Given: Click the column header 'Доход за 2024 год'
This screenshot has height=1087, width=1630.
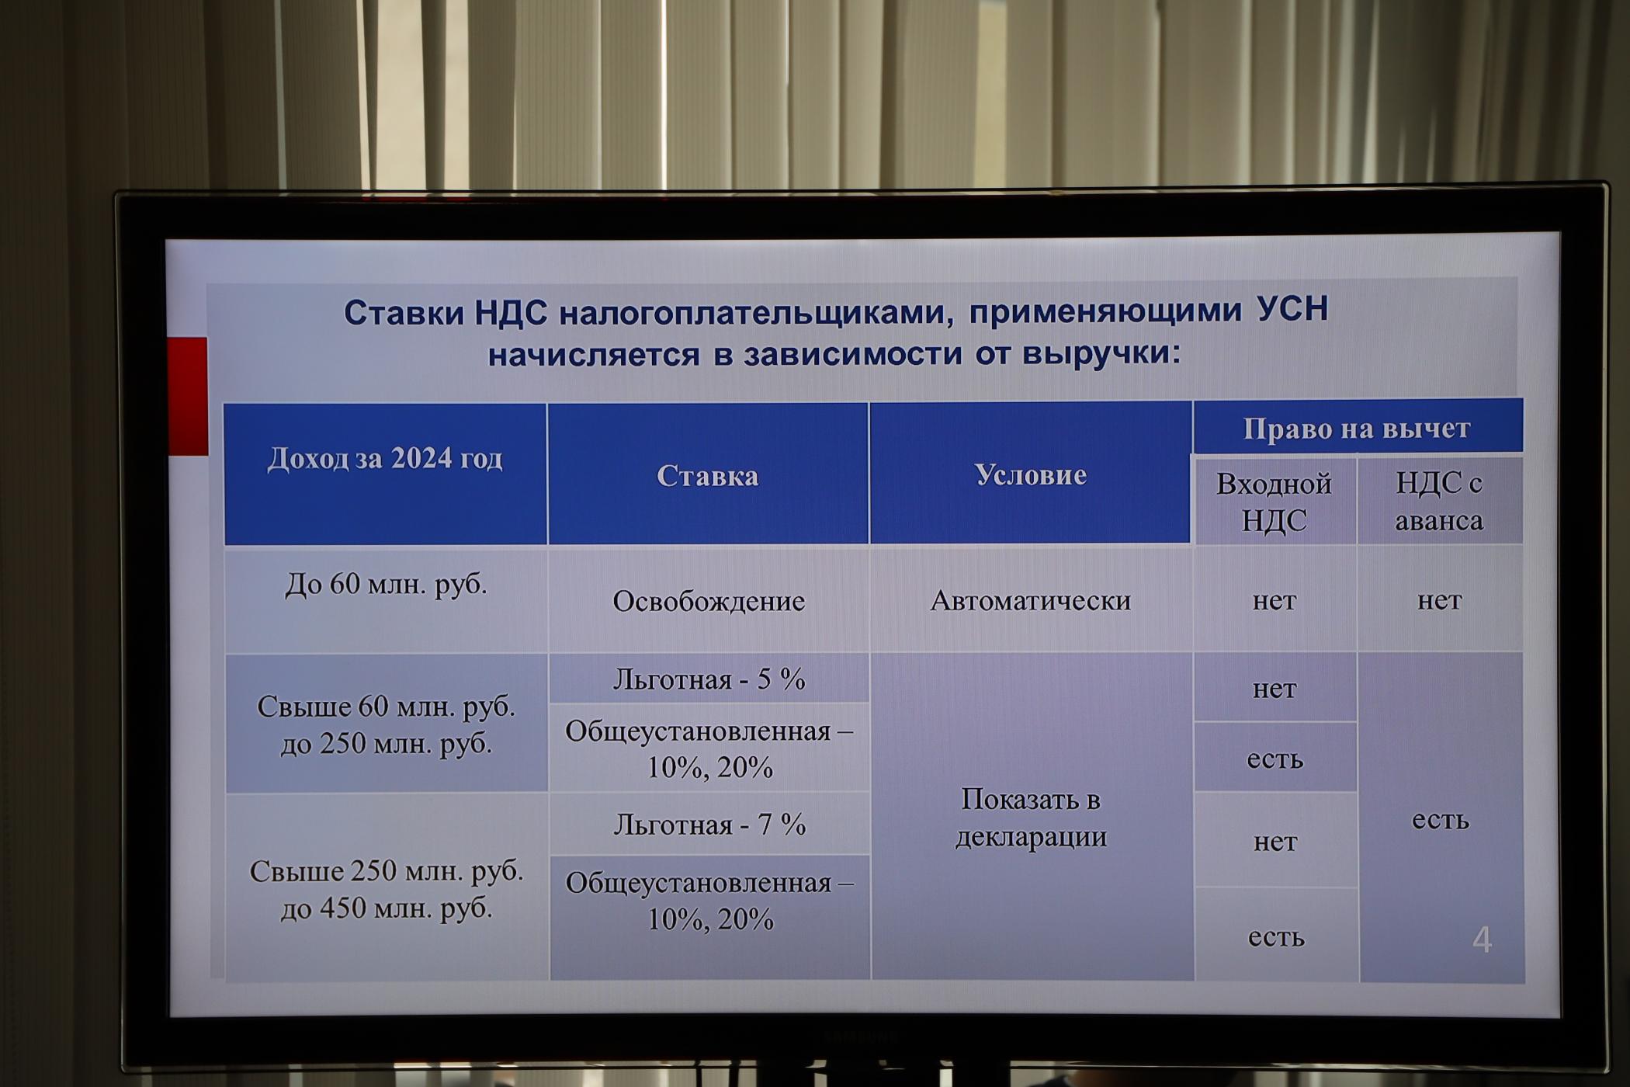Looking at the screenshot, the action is point(385,459).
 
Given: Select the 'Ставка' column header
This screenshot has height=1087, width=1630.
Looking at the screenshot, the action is point(707,476).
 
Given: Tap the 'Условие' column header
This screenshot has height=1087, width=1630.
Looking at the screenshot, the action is point(1030,474).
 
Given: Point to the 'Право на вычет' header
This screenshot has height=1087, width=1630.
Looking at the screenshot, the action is point(1357,428).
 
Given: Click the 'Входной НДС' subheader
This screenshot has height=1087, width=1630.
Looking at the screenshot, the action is point(1274,502).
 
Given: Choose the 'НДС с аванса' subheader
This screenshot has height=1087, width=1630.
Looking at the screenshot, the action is point(1438,502).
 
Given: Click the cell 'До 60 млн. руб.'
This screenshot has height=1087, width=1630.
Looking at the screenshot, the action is point(386,585).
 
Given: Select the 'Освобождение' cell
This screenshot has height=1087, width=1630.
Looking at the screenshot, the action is point(709,601).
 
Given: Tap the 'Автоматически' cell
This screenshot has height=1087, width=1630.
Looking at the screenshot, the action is point(1031,600).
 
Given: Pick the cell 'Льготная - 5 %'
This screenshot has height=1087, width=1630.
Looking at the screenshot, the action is point(709,680).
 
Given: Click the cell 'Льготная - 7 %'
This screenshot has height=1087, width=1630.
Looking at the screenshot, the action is point(709,825).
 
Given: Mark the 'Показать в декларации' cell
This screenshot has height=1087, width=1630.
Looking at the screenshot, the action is point(1031,818).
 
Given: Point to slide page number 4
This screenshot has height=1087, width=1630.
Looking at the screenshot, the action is point(1482,940).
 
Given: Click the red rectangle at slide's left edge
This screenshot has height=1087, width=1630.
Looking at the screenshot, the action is point(188,396).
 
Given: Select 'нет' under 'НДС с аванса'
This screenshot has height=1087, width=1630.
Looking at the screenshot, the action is point(1439,600).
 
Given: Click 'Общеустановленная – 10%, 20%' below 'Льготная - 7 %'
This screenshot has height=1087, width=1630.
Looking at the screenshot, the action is point(709,901).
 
